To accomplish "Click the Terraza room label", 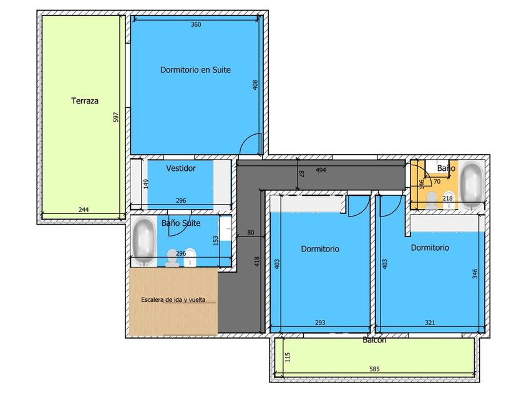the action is [x=85, y=101].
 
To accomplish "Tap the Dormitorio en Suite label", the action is [x=195, y=70].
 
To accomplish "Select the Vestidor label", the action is [x=181, y=168].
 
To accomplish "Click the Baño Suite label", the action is [x=181, y=223].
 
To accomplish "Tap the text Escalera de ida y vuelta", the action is [x=173, y=300].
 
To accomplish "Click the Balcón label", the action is [x=375, y=340].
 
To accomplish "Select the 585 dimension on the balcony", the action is [x=375, y=369].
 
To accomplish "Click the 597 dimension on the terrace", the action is [x=116, y=117].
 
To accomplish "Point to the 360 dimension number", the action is [x=196, y=24].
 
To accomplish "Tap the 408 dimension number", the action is [x=255, y=85].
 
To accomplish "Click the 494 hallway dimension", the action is [x=321, y=170].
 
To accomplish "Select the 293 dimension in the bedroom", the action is [x=320, y=323].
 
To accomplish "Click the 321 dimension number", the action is [x=430, y=323].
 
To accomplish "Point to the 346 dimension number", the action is [x=475, y=274].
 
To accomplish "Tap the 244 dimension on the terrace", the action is [x=84, y=210].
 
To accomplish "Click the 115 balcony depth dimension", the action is [x=288, y=357].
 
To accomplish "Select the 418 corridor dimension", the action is [x=256, y=261].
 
